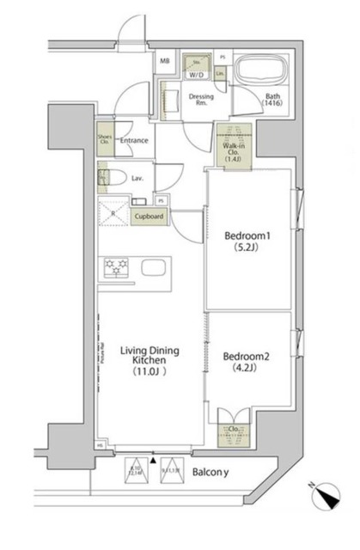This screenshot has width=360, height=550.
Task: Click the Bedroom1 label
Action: tap(248, 235)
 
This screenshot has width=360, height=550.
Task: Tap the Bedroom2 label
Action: tap(248, 356)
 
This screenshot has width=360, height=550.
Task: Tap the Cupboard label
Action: tap(149, 217)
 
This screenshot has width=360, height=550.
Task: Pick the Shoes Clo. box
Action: tap(104, 141)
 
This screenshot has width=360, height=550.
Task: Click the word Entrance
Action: tap(135, 141)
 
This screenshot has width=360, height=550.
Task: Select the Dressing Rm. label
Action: tap(201, 101)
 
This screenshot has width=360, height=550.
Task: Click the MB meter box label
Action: tap(164, 61)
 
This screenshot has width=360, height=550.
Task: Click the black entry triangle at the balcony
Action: tap(154, 461)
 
